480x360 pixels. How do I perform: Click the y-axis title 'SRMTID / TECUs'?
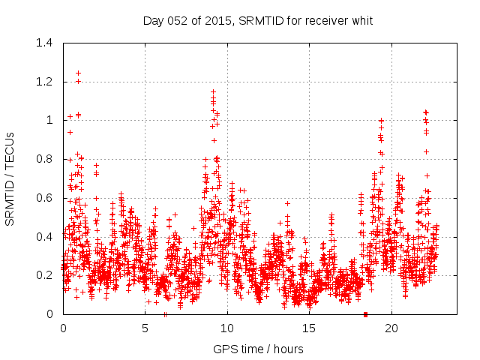(10, 178)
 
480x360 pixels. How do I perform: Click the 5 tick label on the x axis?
(145, 328)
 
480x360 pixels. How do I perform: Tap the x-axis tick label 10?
(227, 328)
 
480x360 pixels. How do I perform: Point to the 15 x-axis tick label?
(310, 328)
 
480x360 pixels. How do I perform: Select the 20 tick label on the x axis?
(391, 328)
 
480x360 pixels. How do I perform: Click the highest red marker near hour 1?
(78, 73)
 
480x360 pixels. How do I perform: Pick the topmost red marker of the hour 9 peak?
(213, 91)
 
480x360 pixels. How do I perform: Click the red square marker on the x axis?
(365, 313)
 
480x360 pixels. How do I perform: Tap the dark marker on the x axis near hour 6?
(165, 313)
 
